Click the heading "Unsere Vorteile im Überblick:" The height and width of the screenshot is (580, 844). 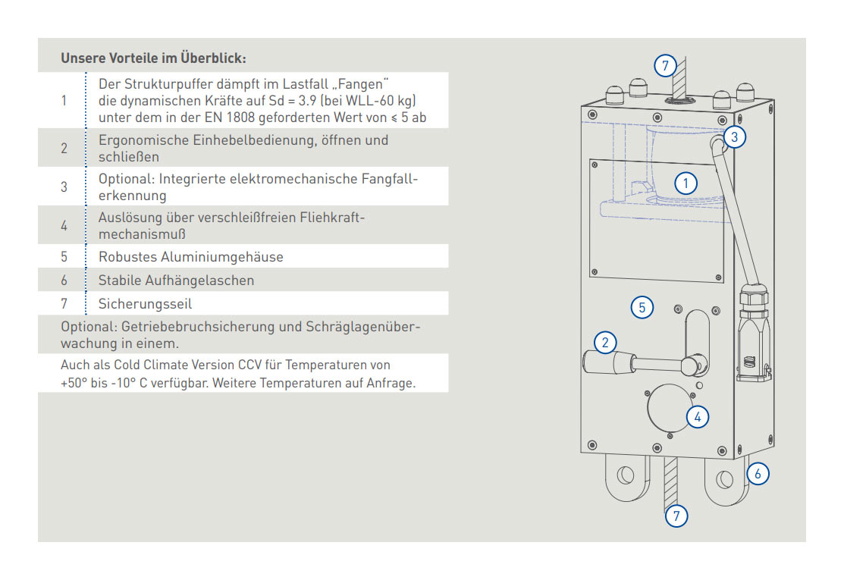pos(153,58)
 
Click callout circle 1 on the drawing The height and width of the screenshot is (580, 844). pos(686,183)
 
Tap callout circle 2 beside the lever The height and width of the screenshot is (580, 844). pos(604,343)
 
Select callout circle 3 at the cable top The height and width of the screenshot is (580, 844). pos(734,136)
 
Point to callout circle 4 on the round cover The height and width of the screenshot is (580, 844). pos(697,415)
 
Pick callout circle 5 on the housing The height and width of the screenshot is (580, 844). pos(642,307)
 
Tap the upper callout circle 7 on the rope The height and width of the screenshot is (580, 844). pos(664,65)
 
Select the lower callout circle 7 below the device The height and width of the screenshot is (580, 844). pos(676,516)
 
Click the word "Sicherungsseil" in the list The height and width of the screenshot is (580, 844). pos(145,304)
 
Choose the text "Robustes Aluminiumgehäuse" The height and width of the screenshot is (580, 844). pos(190,257)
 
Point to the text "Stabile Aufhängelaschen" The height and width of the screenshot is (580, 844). pos(176,281)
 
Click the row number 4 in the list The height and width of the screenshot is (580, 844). pos(64,225)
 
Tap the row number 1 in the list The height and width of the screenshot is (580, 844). pos(64,100)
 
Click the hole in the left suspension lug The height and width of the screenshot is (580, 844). pos(624,476)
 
